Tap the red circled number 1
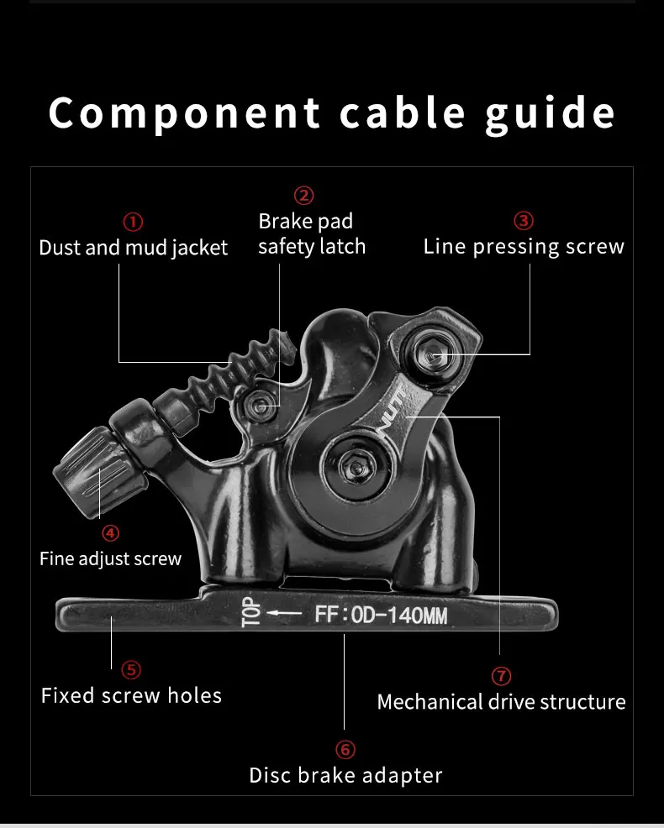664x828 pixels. (x=133, y=222)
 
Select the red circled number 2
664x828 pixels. (x=303, y=196)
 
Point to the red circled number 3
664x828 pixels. (x=524, y=221)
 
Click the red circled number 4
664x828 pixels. (x=111, y=532)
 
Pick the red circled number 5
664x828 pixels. (x=131, y=669)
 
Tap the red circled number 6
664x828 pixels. (x=345, y=749)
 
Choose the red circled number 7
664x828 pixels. (x=501, y=675)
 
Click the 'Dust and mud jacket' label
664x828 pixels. (x=134, y=248)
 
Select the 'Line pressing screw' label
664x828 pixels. (x=524, y=247)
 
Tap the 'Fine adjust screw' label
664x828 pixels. (x=110, y=558)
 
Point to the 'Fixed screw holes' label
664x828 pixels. (x=131, y=696)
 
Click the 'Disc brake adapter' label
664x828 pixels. (x=345, y=775)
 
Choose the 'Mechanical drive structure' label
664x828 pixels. (x=501, y=702)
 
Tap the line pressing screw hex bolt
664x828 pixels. (x=431, y=355)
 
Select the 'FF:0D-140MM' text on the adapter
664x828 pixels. (x=381, y=616)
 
